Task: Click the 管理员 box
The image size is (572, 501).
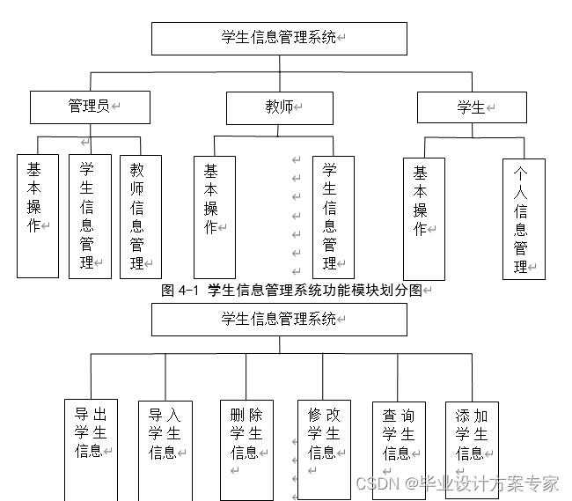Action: coord(90,107)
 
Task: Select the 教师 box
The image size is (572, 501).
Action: coord(280,107)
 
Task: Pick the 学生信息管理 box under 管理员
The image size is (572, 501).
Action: coord(89,217)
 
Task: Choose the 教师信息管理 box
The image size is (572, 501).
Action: coord(140,217)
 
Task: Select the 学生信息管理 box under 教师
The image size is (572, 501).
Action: coord(333,217)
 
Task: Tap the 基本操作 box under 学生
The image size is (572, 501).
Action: coord(423,218)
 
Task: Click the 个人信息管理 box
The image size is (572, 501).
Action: coord(524,219)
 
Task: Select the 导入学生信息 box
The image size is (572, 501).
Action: coord(165,449)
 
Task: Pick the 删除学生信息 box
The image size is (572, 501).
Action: coord(246,449)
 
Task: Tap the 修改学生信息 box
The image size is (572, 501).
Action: coord(324,449)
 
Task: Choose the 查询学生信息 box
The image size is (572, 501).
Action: coord(398,449)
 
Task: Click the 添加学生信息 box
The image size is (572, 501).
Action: coord(471,449)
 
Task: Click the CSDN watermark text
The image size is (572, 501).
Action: coord(457,483)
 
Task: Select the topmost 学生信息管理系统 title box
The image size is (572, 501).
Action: coord(279,38)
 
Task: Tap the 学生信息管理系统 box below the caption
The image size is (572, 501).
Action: coord(279,319)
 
